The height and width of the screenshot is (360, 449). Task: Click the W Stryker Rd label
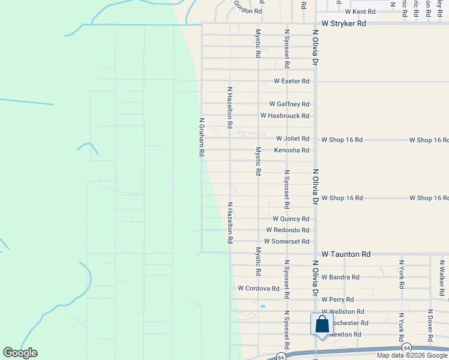pos(344,23)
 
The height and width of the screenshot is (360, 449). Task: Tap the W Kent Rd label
pos(360,11)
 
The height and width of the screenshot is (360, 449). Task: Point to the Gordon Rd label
pos(248,11)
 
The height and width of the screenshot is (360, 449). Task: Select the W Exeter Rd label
pos(292,81)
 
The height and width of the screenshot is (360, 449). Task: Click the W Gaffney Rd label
pos(289,104)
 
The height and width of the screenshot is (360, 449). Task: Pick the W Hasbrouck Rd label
pos(285,115)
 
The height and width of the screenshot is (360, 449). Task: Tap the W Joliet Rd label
pos(292,139)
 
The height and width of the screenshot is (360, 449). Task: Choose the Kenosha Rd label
pos(292,150)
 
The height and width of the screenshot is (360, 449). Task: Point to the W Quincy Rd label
pos(291,219)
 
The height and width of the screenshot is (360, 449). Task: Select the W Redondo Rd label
pos(288,230)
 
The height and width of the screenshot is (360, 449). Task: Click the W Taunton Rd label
pos(346,254)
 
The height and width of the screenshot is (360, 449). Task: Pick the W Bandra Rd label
pos(340,277)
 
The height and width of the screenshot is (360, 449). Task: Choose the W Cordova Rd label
pos(259,288)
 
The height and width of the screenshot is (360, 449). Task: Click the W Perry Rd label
pos(337,299)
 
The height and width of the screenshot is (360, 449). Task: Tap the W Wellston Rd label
pos(343,311)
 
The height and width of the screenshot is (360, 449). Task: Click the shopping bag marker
pos(322,325)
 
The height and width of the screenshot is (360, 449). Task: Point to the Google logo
pos(20,353)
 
